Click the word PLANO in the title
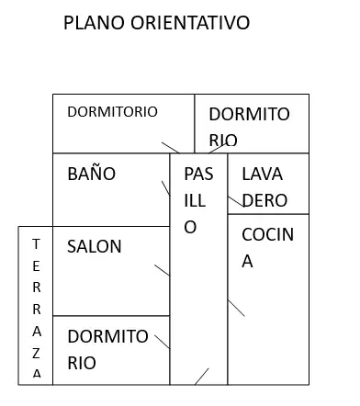pos(94,23)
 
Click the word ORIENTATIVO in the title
pos(190,23)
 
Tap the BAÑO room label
pos(92,174)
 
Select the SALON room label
pos(95,246)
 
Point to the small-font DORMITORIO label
pos(112,112)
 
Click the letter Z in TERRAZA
pos(37,354)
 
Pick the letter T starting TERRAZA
pos(36,244)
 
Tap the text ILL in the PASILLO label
pos(195,201)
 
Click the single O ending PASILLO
pos(190,227)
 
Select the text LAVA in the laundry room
pos(262,175)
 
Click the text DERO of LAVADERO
pos(264,200)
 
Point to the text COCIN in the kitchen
pos(267,234)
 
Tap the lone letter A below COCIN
pos(247,262)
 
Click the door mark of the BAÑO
pos(166,188)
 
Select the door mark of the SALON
pos(162,270)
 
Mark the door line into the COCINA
pos(236,308)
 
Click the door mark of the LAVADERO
pos(236,201)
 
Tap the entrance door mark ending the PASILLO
pos(202,377)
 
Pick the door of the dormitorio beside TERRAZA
pos(163,342)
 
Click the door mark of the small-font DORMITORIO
pos(171,148)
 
